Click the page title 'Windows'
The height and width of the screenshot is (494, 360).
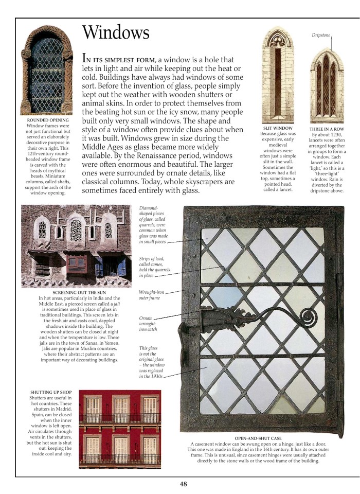116,33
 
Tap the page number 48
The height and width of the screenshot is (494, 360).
184,483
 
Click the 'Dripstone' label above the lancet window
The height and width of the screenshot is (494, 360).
321,36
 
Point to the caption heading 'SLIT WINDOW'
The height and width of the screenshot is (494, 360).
278,128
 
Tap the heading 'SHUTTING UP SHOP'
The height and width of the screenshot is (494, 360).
51,393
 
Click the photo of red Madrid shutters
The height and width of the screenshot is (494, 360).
120,428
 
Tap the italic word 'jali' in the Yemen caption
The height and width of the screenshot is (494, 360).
107,304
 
